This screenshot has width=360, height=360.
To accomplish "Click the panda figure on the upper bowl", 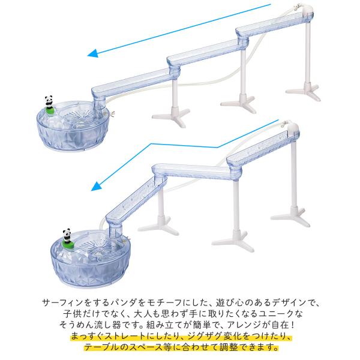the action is (49, 101).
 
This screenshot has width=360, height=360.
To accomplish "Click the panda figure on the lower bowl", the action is (67, 235).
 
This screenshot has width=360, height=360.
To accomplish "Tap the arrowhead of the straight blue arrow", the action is (93, 53).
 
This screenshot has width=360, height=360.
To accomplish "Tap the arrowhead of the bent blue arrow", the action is (97, 186).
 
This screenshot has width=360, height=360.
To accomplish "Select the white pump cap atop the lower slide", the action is (293, 127).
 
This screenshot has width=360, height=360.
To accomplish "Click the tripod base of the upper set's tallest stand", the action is (304, 91).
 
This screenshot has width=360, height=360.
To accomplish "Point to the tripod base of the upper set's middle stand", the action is (238, 103).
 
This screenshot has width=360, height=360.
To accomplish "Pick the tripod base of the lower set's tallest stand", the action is (290, 216).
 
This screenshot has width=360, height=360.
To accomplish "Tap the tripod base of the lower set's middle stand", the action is (233, 241).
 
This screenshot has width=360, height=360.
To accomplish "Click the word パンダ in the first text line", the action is (125, 303).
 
